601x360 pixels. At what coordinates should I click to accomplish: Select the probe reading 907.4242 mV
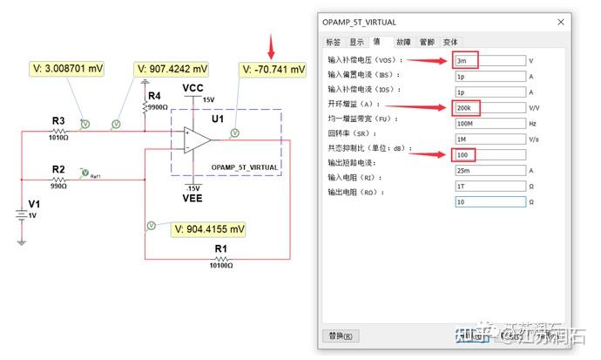tap(173, 69)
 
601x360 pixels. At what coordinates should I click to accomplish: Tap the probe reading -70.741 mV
tap(273, 69)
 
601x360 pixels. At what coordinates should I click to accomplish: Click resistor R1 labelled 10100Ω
tap(220, 259)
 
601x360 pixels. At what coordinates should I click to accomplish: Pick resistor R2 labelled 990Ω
tap(58, 178)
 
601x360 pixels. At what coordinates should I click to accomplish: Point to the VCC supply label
tap(192, 89)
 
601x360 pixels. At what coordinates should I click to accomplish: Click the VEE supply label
tap(192, 198)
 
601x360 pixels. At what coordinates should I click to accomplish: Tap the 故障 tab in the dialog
tap(402, 41)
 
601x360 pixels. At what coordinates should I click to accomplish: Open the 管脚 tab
tap(426, 41)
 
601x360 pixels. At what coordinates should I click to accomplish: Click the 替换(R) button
tap(341, 336)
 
